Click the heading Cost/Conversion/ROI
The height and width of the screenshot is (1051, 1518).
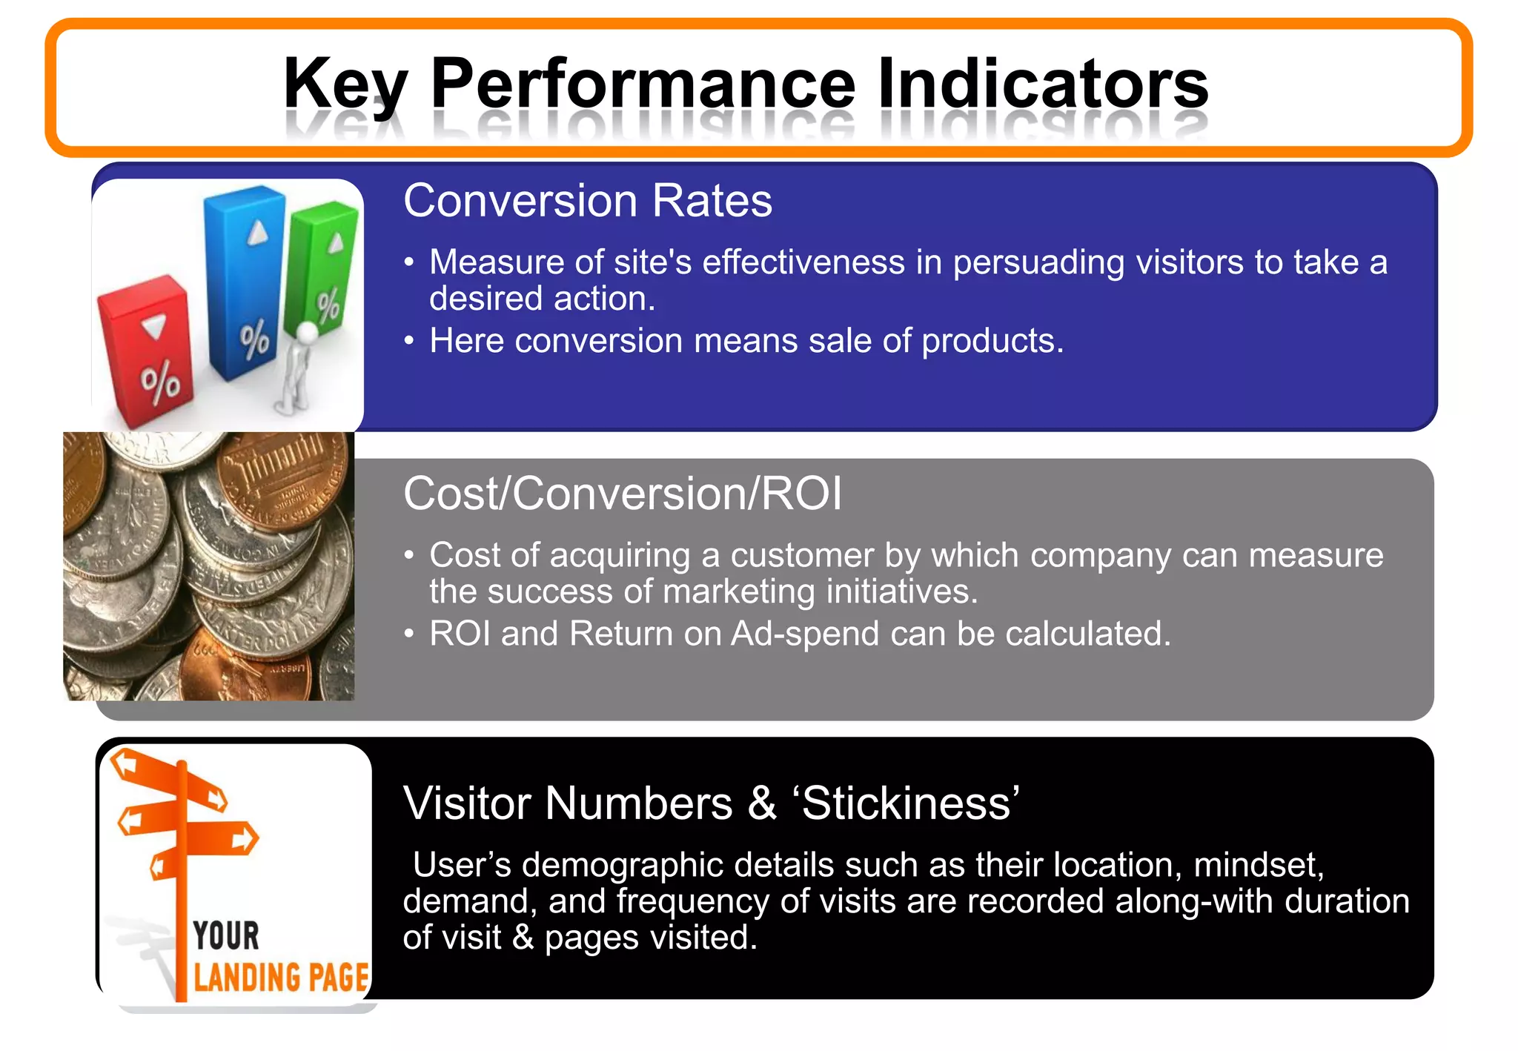click(623, 494)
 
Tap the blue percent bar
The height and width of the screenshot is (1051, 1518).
click(245, 282)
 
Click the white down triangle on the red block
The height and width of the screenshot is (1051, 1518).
click(155, 325)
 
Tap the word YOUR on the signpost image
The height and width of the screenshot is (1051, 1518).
click(226, 935)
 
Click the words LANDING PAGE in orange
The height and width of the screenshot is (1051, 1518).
click(281, 977)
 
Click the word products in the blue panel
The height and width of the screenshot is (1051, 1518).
click(992, 342)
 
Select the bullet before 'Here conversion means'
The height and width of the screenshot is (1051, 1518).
click(408, 341)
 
